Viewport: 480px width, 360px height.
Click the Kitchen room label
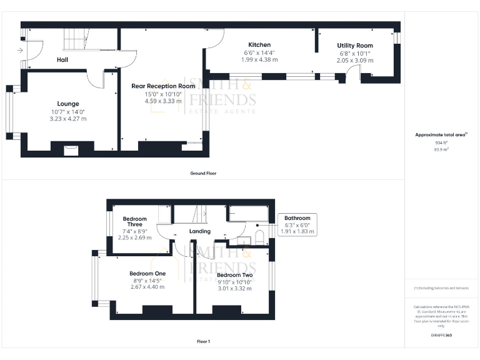(x=259, y=45)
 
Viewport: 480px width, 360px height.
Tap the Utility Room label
(x=355, y=46)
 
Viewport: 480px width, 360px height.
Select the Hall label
(x=62, y=60)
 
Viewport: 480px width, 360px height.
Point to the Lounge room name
(x=67, y=104)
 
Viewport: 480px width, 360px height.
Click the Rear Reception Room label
(x=163, y=86)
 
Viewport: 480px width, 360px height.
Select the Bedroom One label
(x=147, y=274)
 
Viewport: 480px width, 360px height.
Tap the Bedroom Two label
(x=234, y=275)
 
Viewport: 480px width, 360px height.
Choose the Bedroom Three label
(x=135, y=222)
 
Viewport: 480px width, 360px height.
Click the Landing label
(x=200, y=231)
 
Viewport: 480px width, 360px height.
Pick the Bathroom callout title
(x=297, y=218)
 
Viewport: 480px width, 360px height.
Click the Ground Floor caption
(x=203, y=173)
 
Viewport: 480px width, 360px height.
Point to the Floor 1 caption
(x=203, y=342)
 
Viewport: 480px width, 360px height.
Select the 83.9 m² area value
(x=441, y=150)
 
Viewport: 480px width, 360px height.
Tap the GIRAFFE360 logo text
(x=441, y=336)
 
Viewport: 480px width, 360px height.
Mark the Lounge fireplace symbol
(x=72, y=149)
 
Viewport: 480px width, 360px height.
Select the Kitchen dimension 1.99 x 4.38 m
(x=259, y=60)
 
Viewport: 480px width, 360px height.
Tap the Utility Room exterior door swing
(x=354, y=75)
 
